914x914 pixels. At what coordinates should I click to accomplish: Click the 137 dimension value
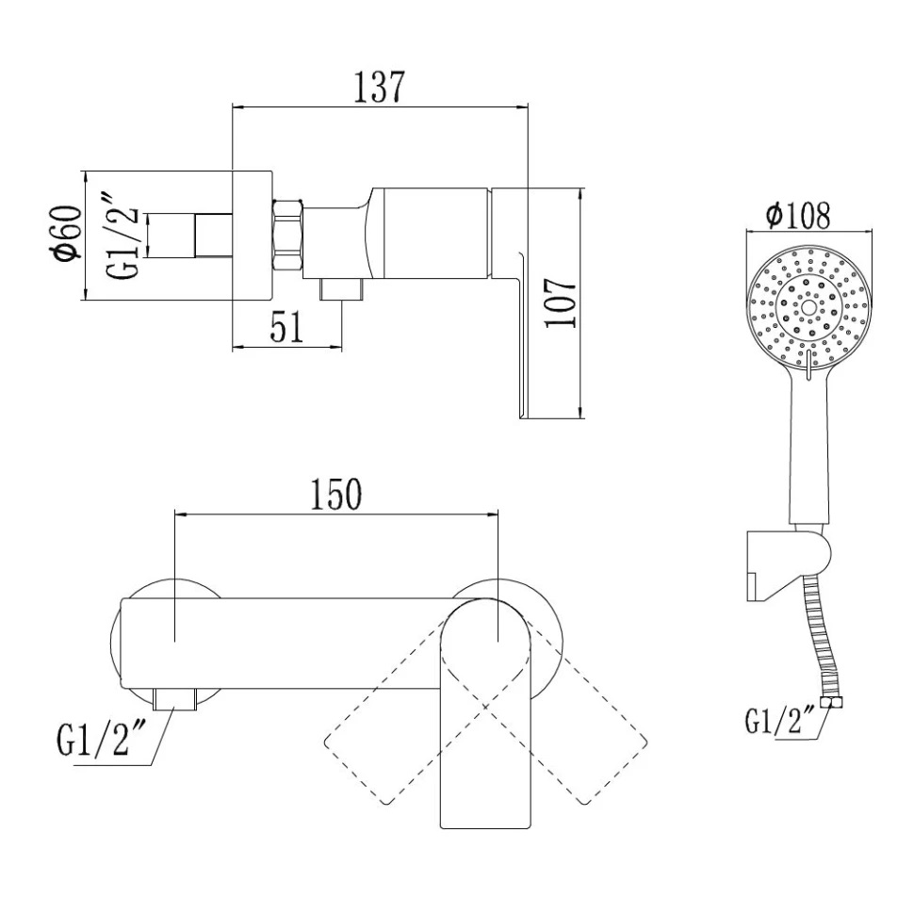pyautogui.click(x=378, y=88)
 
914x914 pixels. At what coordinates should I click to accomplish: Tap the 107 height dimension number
pyautogui.click(x=560, y=302)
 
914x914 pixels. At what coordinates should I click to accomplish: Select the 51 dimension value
pyautogui.click(x=286, y=327)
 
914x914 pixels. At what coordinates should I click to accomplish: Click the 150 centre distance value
pyautogui.click(x=336, y=495)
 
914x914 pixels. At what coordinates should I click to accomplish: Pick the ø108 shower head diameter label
pyautogui.click(x=798, y=216)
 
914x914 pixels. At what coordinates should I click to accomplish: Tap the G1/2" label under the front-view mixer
pyautogui.click(x=93, y=739)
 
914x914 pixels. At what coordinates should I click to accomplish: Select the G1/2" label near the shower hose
pyautogui.click(x=780, y=721)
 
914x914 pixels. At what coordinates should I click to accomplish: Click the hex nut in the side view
pyautogui.click(x=286, y=235)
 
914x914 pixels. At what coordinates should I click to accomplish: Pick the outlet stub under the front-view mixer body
pyautogui.click(x=175, y=699)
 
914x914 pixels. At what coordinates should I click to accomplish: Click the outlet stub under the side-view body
pyautogui.click(x=341, y=289)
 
